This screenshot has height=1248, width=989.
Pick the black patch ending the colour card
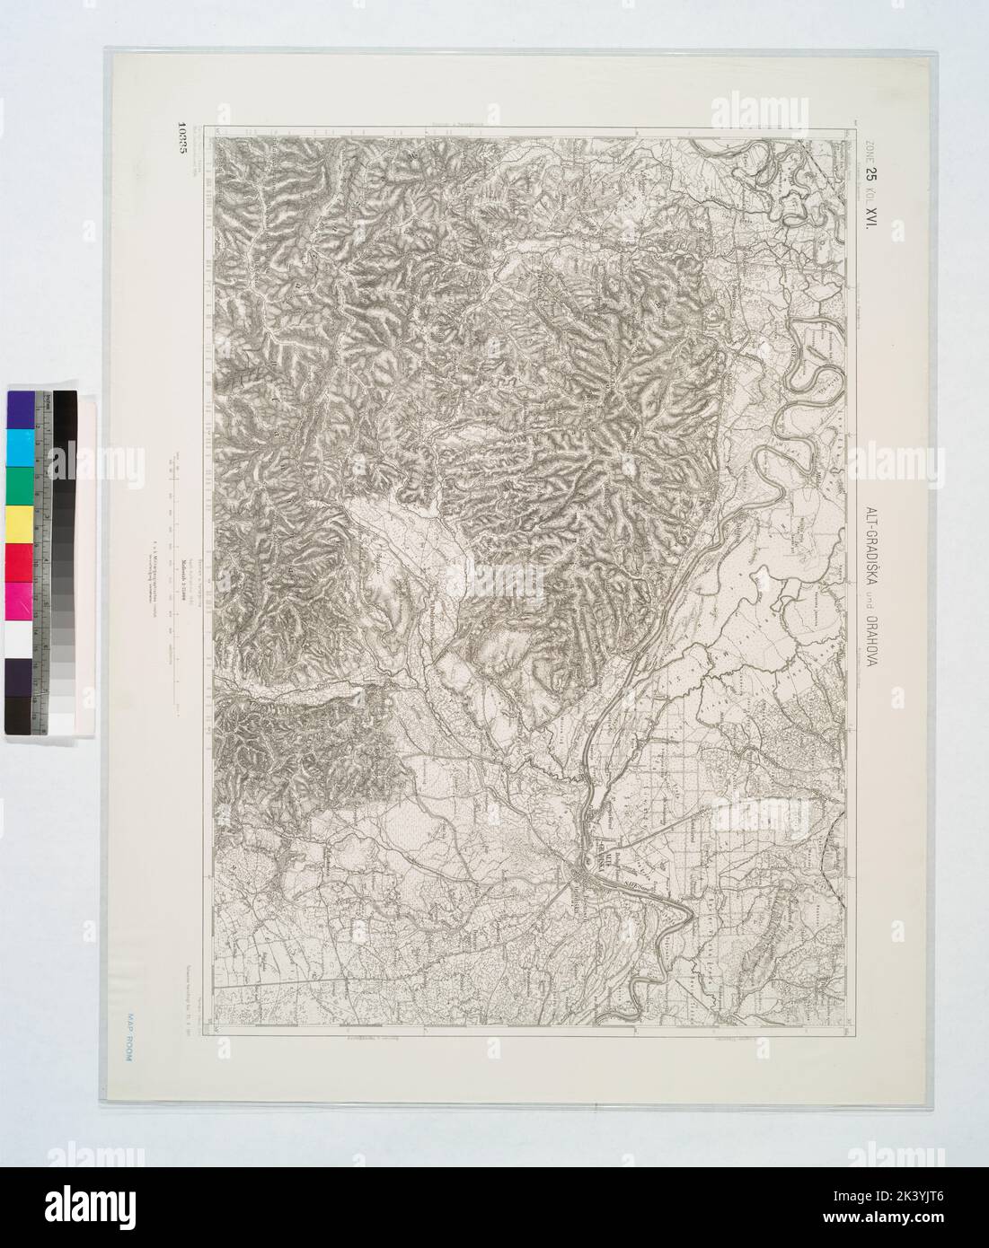20,715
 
